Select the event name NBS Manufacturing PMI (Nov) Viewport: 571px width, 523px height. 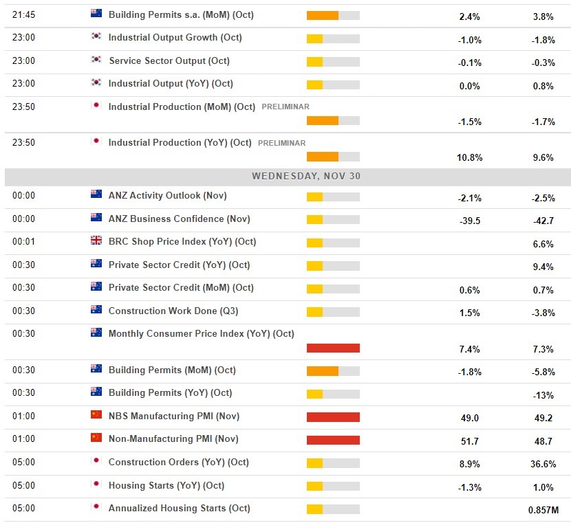click(174, 416)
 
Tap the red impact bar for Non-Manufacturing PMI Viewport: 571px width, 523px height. click(333, 440)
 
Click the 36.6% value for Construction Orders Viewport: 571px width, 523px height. click(543, 464)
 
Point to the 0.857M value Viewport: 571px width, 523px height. click(543, 510)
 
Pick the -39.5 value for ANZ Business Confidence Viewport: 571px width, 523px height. click(468, 221)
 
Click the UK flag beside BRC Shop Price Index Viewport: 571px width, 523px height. click(96, 241)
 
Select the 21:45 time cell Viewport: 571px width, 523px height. click(23, 14)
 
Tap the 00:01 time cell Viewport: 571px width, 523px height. click(23, 242)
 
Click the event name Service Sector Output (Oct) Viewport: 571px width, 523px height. click(169, 60)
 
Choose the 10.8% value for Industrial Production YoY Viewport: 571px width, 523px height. click(469, 157)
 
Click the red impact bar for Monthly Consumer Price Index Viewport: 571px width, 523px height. click(333, 348)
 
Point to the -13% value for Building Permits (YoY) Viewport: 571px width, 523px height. click(543, 394)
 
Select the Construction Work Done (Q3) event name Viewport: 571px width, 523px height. click(173, 311)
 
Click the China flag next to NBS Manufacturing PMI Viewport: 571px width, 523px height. click(96, 415)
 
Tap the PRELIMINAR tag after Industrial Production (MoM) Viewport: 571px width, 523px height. click(285, 107)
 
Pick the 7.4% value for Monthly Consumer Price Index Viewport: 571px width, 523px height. click(469, 349)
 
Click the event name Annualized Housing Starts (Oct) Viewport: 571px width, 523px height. click(179, 508)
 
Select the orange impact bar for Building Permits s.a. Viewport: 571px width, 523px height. click(322, 16)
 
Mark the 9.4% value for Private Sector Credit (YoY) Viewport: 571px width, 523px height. click(543, 267)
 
